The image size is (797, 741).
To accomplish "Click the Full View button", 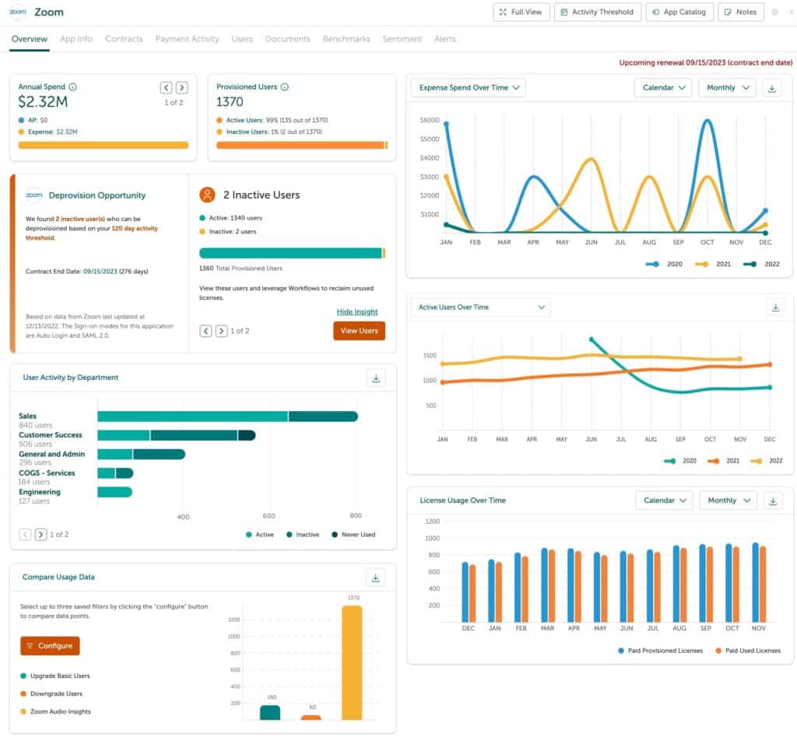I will [521, 12].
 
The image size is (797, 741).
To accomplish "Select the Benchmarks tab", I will [346, 39].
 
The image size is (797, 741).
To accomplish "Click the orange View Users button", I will [359, 331].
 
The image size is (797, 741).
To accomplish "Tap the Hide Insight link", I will [356, 312].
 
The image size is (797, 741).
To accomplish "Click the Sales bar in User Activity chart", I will [226, 416].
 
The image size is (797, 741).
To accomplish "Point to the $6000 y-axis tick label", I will [430, 121].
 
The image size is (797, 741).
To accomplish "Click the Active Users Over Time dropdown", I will [480, 307].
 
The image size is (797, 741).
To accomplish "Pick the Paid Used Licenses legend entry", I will [746, 651].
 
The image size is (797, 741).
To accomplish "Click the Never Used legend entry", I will [353, 535].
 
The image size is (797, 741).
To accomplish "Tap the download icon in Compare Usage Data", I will [375, 578].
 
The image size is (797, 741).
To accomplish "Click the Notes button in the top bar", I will [740, 12].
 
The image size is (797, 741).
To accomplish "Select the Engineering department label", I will [39, 492].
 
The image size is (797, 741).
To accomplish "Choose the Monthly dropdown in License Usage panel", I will [728, 500].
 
